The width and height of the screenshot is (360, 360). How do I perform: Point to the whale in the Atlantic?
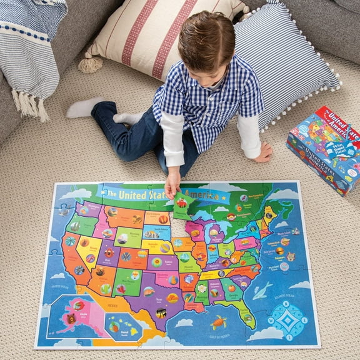point(261,291)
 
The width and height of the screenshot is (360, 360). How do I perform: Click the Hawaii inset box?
point(121,325)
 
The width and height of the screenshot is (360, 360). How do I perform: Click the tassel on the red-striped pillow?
point(90,64)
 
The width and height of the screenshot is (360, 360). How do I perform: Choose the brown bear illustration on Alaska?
point(77,306)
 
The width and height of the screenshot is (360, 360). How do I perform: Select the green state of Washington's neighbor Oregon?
point(76,225)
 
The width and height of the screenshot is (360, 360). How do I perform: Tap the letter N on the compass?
point(288,304)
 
